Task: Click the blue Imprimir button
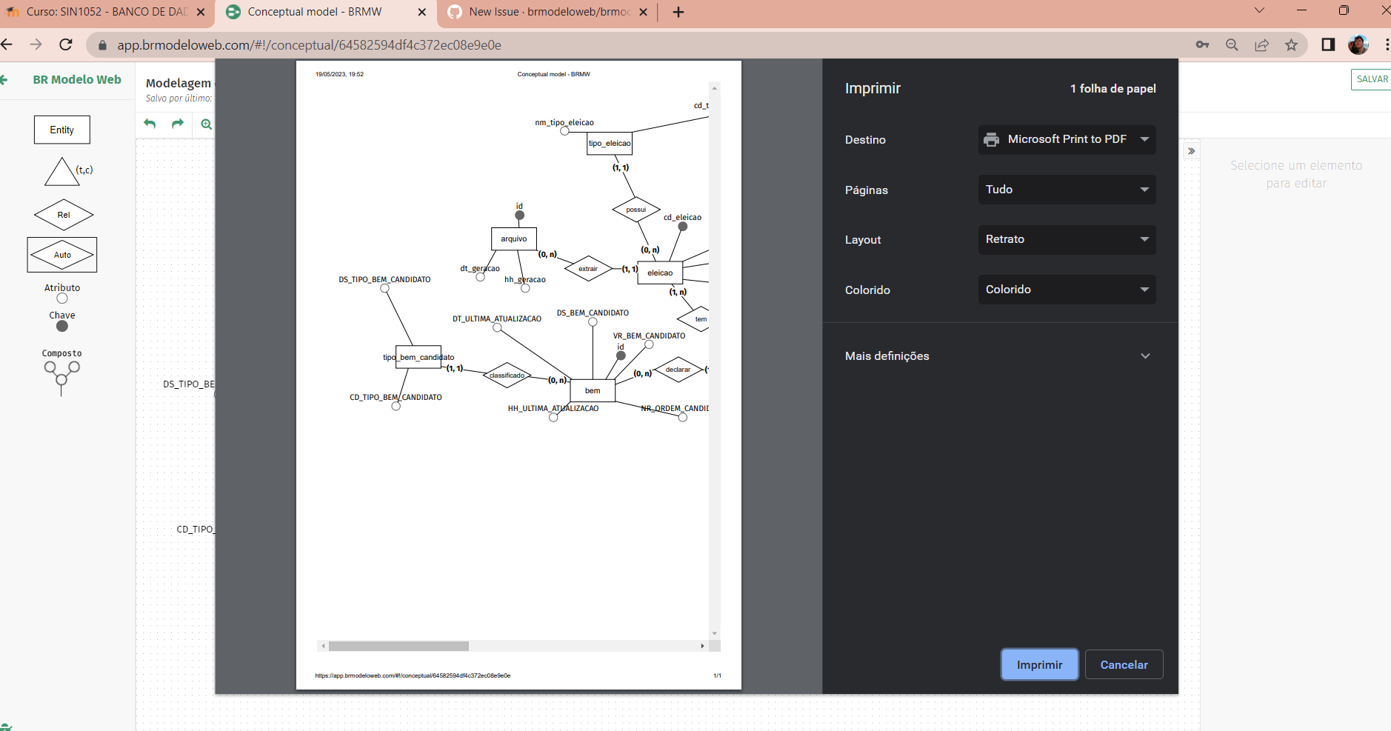pyautogui.click(x=1039, y=664)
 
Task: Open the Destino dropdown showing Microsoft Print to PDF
pyautogui.click(x=1067, y=139)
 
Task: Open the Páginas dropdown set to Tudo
pyautogui.click(x=1067, y=190)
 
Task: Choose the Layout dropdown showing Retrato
pyautogui.click(x=1067, y=239)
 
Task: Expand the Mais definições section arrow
pyautogui.click(x=1145, y=356)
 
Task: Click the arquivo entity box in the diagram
pyautogui.click(x=513, y=238)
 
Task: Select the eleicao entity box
pyautogui.click(x=660, y=273)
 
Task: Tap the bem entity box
pyautogui.click(x=593, y=390)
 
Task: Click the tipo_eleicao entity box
pyautogui.click(x=610, y=143)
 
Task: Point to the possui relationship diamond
pyautogui.click(x=636, y=210)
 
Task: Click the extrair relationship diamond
pyautogui.click(x=588, y=269)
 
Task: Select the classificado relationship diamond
pyautogui.click(x=507, y=375)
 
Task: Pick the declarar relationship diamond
pyautogui.click(x=678, y=370)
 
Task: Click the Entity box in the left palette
pyautogui.click(x=62, y=130)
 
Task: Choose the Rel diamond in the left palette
pyautogui.click(x=64, y=215)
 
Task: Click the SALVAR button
pyautogui.click(x=1372, y=79)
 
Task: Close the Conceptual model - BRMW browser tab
pyautogui.click(x=422, y=12)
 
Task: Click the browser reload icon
pyautogui.click(x=66, y=44)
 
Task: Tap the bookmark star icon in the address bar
pyautogui.click(x=1292, y=44)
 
